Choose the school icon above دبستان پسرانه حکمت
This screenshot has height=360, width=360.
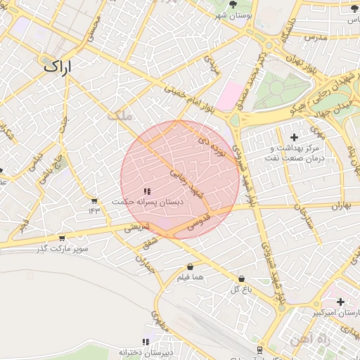pyautogui.click(x=146, y=191)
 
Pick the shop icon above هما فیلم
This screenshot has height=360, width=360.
pyautogui.click(x=191, y=267)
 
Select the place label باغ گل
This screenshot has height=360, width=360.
pyautogui.click(x=240, y=289)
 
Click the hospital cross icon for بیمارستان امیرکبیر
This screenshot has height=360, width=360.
pyautogui.click(x=340, y=302)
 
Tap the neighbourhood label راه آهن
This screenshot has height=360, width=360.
pyautogui.click(x=304, y=340)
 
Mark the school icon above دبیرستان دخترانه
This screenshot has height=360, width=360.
pyautogui.click(x=146, y=342)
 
